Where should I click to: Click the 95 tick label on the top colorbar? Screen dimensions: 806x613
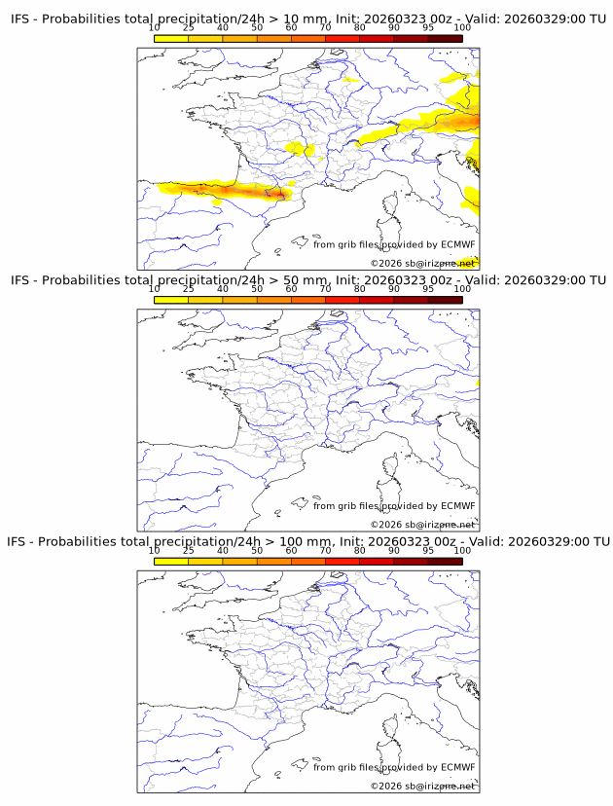pos(428,27)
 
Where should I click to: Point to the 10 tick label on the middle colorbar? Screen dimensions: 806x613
pos(155,288)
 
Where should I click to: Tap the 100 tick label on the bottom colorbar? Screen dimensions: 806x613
pos(462,550)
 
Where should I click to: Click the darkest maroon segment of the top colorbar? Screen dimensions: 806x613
pos(445,38)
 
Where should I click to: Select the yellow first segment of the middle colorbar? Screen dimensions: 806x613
pos(171,300)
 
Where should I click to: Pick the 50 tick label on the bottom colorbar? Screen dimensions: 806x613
pos(257,550)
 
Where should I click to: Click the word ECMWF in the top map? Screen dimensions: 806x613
pos(457,244)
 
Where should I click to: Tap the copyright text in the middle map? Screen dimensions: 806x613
pos(422,525)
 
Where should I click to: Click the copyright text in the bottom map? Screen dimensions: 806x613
pos(422,786)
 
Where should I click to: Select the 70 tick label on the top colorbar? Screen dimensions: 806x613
pos(326,27)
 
